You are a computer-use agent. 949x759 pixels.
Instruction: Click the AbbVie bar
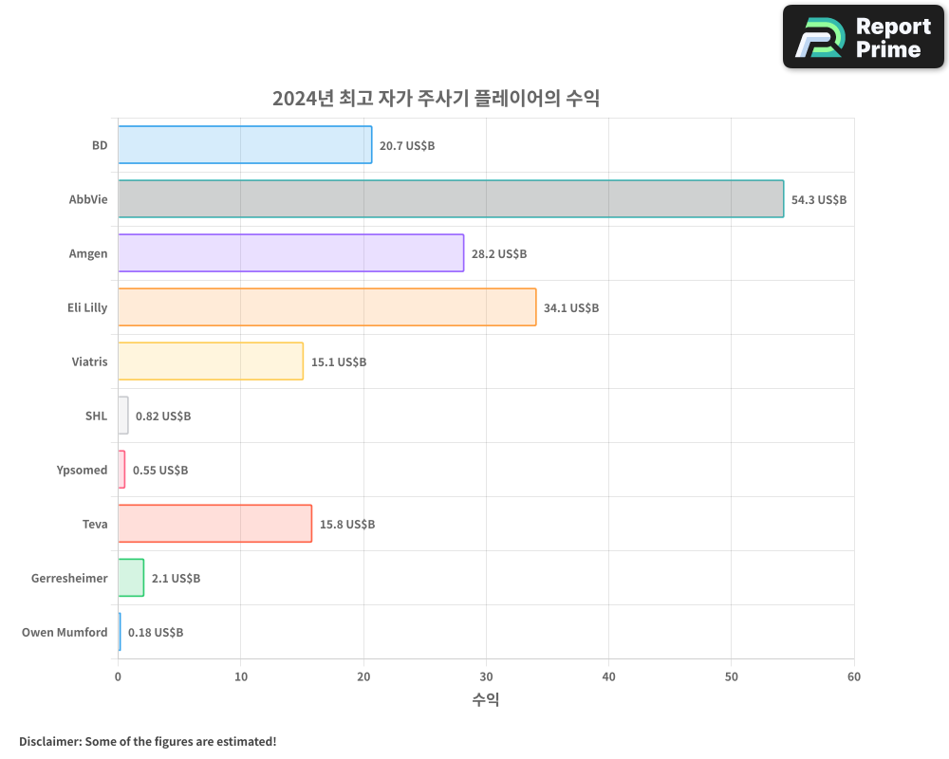(x=451, y=199)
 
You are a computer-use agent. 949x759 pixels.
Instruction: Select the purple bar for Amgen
(x=290, y=253)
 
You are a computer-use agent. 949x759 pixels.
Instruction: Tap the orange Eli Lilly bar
(x=326, y=307)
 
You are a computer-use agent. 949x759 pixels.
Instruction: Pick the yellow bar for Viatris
(x=211, y=361)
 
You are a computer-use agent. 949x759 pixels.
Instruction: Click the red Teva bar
(x=214, y=524)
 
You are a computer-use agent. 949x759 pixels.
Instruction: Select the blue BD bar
(x=245, y=145)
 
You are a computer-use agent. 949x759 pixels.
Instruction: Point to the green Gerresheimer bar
(x=131, y=578)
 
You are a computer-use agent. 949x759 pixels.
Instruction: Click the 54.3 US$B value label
(x=818, y=200)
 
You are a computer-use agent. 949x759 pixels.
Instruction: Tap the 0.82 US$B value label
(x=163, y=417)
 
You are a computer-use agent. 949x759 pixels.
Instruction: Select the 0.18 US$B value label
(x=156, y=633)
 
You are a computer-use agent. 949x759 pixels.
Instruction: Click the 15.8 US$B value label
(x=347, y=525)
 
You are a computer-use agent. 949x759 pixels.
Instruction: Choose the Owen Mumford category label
(x=65, y=633)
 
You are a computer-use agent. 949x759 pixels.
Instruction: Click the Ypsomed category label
(x=82, y=471)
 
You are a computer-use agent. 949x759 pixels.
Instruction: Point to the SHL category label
(x=96, y=417)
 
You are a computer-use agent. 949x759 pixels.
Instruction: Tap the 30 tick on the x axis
(x=486, y=676)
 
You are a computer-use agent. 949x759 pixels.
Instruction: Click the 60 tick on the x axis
(x=854, y=676)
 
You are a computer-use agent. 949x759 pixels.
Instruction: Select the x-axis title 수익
(x=486, y=700)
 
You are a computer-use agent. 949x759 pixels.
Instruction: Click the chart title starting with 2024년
(x=436, y=99)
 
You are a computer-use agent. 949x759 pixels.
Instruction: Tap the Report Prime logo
(x=863, y=37)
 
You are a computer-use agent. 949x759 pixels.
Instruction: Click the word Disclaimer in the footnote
(x=49, y=741)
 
